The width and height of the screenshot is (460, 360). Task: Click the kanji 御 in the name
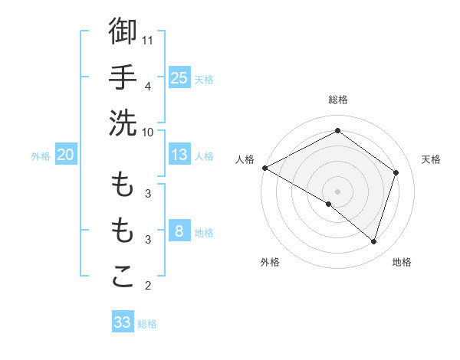(123, 31)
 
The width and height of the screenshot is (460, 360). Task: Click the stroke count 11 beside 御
(149, 39)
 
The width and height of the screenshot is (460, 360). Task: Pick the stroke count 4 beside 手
(148, 86)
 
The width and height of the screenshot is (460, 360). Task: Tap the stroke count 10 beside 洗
(148, 132)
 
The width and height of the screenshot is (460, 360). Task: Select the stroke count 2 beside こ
(148, 286)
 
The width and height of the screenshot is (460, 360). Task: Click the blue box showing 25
(179, 77)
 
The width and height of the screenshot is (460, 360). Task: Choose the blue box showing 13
(179, 155)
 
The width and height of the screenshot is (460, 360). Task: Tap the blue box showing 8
(179, 232)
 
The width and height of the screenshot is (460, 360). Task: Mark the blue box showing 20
(65, 155)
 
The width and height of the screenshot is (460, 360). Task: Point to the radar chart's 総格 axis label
(338, 100)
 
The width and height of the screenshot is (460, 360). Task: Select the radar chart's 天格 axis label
(432, 159)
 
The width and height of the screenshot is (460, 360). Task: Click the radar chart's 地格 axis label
(402, 262)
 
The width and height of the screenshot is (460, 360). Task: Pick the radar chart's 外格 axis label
(270, 262)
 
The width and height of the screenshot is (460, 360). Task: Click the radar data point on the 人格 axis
(264, 168)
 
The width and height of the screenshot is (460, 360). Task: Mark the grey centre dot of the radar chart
(338, 190)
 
